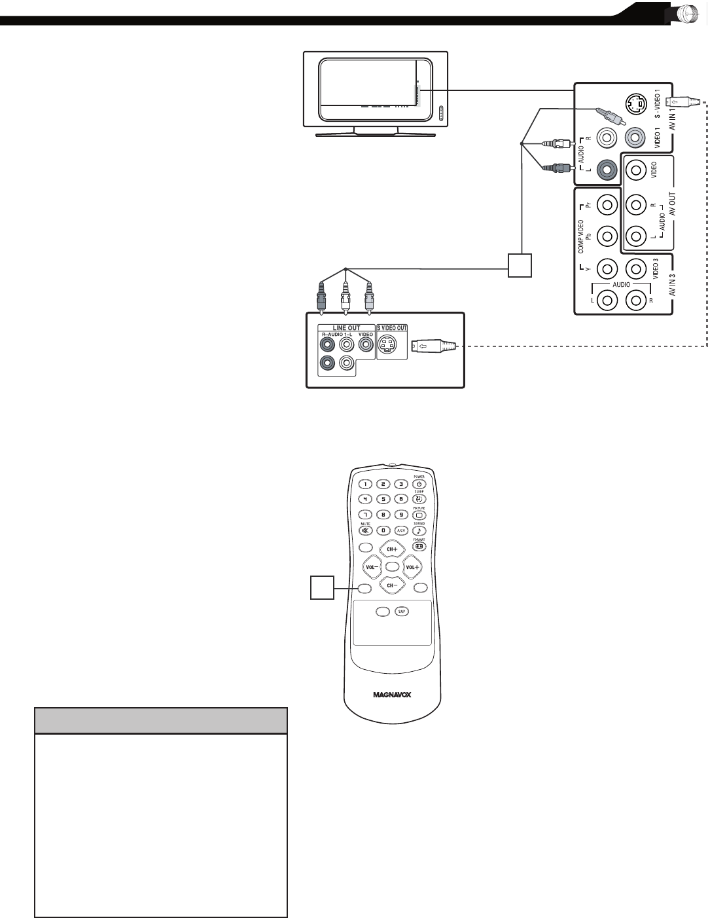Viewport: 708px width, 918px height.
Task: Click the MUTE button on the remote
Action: coord(365,530)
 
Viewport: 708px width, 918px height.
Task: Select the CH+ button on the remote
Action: coord(393,549)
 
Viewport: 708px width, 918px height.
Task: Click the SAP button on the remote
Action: coord(400,611)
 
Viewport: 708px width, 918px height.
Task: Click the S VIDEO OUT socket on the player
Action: coord(391,346)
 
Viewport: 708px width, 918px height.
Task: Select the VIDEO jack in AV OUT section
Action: coord(635,172)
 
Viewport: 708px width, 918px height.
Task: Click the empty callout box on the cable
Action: coord(522,265)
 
